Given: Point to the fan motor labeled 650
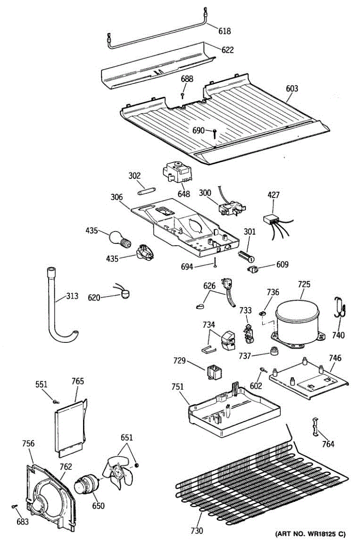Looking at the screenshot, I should [87, 485].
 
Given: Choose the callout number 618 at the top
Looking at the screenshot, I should [225, 32].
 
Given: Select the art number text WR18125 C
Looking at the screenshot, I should [310, 534].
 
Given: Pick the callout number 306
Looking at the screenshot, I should [116, 198].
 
